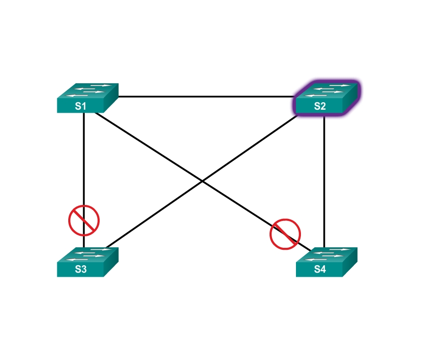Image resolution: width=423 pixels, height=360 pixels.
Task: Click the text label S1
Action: coord(81,106)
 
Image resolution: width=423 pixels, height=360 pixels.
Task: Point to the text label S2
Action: coord(319,106)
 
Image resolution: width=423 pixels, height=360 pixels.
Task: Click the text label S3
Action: coord(81,270)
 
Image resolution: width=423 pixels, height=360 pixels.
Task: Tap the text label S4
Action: coord(319,270)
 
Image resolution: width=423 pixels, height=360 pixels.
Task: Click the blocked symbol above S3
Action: coord(84,220)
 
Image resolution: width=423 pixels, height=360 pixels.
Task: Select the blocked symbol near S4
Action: coord(285,234)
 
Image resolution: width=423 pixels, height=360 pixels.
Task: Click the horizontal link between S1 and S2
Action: coord(204,96)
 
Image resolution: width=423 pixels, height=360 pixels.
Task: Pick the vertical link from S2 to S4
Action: coord(324,180)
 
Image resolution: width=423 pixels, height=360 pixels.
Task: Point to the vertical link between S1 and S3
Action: coord(84,160)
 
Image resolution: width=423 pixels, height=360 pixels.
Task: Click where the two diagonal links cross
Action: coord(202,180)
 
